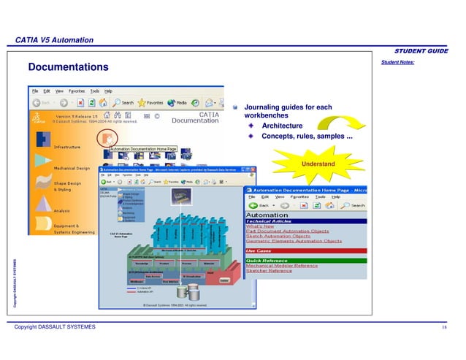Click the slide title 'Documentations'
67,67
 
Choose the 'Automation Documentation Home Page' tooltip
144,149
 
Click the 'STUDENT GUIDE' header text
421,51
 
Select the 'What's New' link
261,226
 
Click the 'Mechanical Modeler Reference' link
286,266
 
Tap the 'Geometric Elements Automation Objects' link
294,241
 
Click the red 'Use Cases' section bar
305,250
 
